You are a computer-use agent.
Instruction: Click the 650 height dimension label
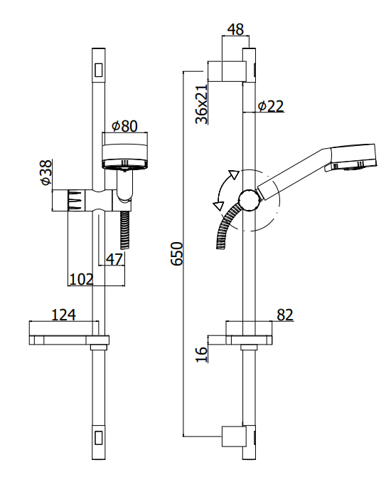tap(178, 253)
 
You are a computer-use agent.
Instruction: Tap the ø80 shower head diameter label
tap(124, 126)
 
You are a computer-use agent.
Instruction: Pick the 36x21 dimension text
tap(202, 105)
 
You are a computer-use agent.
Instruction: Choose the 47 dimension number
tap(114, 259)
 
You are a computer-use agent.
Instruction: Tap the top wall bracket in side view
tap(229, 72)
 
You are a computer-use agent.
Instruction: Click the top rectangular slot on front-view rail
tap(100, 70)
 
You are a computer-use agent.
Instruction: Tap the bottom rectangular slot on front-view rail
tap(100, 436)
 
